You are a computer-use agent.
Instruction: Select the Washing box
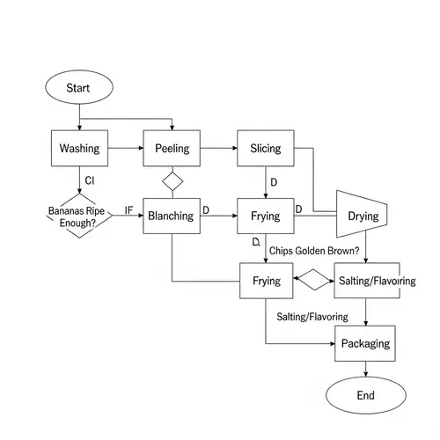point(79,148)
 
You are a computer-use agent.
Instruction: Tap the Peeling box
point(172,148)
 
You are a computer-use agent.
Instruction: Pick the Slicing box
point(265,148)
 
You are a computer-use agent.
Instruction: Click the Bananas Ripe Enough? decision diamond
point(79,216)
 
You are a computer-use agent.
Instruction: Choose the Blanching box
point(172,216)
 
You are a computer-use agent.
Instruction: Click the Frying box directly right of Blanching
point(265,216)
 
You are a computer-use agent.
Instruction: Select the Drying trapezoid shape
point(363,216)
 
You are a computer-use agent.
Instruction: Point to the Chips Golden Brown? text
point(314,251)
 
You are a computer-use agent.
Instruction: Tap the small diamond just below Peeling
point(172,182)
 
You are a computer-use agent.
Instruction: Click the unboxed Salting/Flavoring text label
point(312,316)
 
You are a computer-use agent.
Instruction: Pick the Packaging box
point(364,343)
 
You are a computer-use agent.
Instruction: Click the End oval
point(364,395)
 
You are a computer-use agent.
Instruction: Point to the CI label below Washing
point(89,181)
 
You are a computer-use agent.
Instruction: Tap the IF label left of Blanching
point(128,210)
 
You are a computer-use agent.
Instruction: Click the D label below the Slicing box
point(274,182)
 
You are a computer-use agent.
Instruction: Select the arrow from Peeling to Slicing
point(219,148)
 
